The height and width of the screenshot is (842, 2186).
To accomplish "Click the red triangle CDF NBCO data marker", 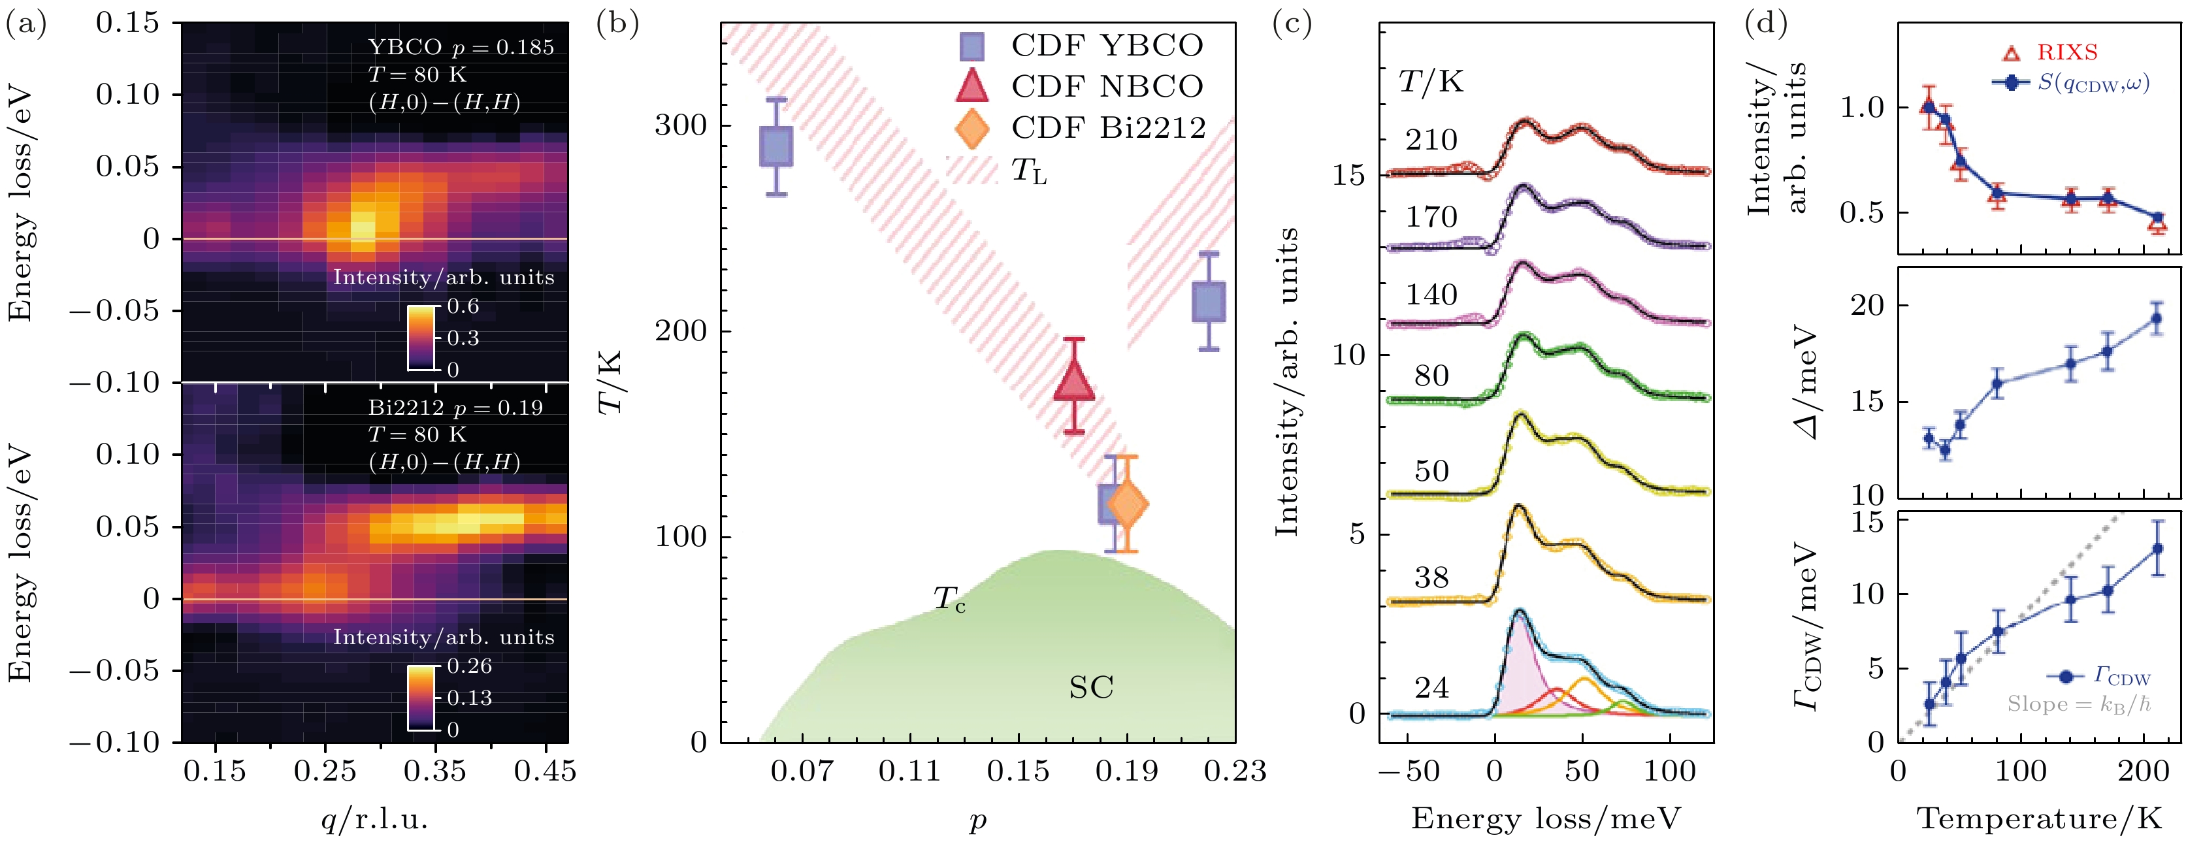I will [x=1073, y=382].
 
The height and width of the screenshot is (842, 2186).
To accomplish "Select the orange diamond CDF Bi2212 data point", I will [x=1127, y=504].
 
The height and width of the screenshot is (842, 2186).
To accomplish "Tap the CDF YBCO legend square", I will [x=971, y=46].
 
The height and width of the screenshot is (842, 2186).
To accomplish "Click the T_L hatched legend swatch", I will [x=973, y=170].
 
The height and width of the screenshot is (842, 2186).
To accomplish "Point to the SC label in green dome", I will [x=1090, y=688].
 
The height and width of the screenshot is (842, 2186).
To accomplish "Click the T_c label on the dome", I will [x=949, y=599].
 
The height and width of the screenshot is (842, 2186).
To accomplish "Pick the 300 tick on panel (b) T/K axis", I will [x=681, y=125].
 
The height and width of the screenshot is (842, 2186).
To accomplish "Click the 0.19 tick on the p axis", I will [x=1126, y=771].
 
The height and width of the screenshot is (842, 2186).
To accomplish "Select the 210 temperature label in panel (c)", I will [x=1431, y=140].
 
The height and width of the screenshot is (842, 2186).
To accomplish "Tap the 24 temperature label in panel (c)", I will [x=1431, y=688].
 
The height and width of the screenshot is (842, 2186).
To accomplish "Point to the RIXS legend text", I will [x=2067, y=53].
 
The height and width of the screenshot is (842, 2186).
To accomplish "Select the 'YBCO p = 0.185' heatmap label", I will [x=461, y=48].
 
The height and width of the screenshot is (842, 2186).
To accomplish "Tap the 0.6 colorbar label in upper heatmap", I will [x=463, y=306].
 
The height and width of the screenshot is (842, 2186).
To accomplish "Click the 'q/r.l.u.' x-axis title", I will [x=374, y=819].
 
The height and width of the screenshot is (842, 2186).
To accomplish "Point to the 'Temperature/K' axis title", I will [x=2039, y=819].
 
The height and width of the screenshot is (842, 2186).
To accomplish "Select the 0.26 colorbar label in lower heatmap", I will [x=469, y=666].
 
